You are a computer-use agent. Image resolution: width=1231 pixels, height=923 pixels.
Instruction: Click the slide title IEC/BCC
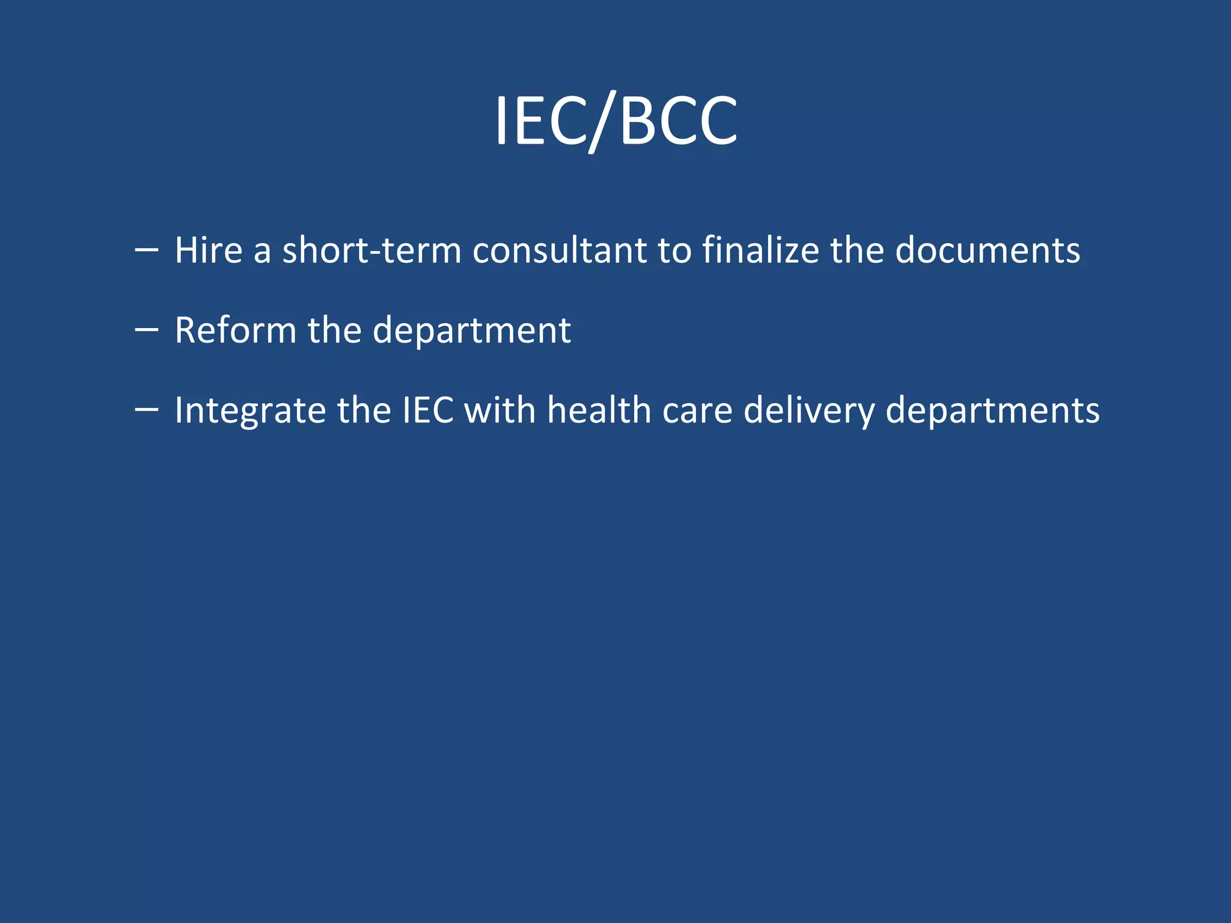(615, 122)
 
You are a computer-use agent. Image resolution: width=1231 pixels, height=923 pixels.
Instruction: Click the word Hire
(209, 250)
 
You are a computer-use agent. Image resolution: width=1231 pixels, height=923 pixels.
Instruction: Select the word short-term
(371, 250)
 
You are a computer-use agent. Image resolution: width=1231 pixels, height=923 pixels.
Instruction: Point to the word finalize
(760, 250)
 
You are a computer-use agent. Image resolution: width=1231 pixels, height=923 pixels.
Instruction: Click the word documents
(987, 250)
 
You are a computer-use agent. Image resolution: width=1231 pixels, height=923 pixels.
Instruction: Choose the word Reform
(235, 331)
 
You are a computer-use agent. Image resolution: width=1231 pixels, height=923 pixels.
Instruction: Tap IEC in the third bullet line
(427, 410)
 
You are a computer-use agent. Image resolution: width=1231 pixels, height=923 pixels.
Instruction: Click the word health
(599, 410)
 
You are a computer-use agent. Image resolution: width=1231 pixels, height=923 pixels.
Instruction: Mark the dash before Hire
(147, 249)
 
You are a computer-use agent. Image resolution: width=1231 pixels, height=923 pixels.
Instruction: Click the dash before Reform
(147, 329)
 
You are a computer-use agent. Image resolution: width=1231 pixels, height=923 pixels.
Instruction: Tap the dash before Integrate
(147, 409)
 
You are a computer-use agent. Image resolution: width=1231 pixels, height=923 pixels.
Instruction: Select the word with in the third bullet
(499, 410)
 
